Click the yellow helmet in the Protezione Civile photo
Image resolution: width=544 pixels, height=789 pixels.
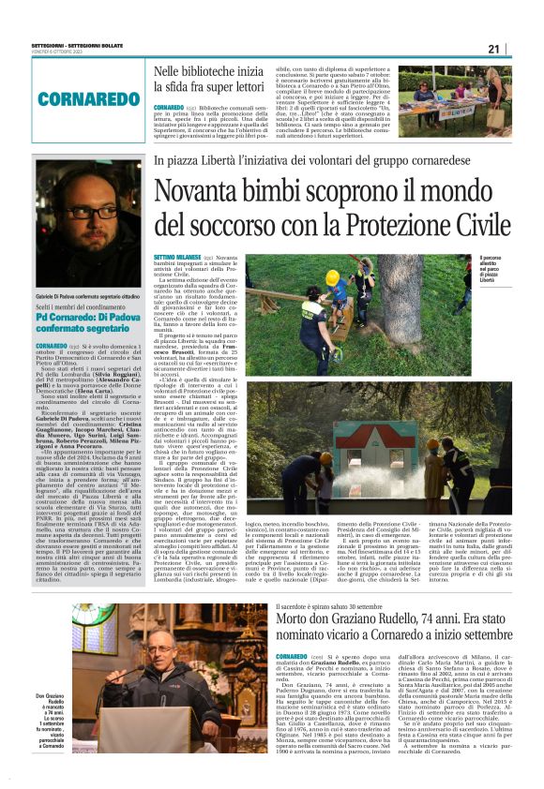point(332,278)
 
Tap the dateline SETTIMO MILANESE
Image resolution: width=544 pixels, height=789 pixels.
point(176,257)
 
